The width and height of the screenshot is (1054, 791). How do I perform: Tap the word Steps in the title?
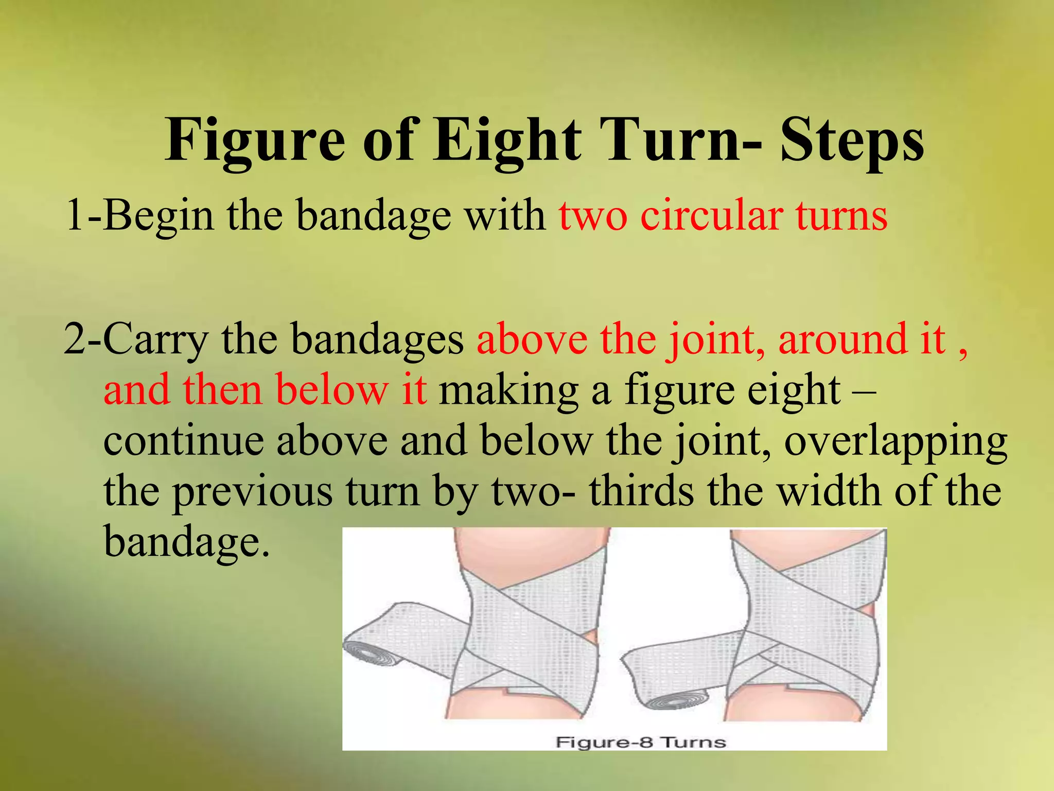coord(852,140)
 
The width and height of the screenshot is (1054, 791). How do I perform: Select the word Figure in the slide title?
coord(255,140)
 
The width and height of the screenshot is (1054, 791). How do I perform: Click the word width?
coord(829,491)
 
